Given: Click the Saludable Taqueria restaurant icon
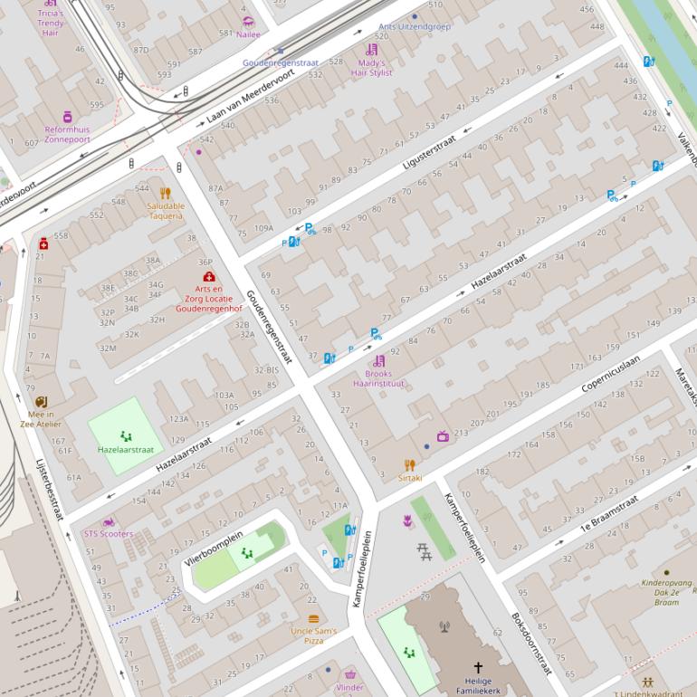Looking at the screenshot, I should pos(165,193).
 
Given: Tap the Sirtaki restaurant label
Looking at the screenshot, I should pos(409,478).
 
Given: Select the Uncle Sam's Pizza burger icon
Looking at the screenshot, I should pos(313,619).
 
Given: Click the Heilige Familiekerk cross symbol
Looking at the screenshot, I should pos(478,668).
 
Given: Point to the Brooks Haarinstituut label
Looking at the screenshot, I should pos(378,378).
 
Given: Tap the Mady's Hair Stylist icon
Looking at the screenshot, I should pos(371,50).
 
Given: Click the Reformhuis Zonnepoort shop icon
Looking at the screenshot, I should pos(67,117).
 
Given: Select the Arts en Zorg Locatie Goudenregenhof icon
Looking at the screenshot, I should pos(209,276).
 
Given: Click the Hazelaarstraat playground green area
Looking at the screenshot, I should pos(125,434).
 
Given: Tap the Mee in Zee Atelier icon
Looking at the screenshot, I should pos(41,402).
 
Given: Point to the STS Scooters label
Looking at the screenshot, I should pos(108,534).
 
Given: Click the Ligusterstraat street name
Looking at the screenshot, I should pos(432,148).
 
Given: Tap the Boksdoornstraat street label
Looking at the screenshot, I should pos(531,644).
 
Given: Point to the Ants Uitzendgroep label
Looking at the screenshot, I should pos(414,27).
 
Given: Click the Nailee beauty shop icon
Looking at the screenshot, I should pos(248,22).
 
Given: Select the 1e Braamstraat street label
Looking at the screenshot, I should pos(609,511).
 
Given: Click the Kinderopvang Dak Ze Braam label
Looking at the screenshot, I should pos(666,593).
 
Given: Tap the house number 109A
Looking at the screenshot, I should pos(263,228).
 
